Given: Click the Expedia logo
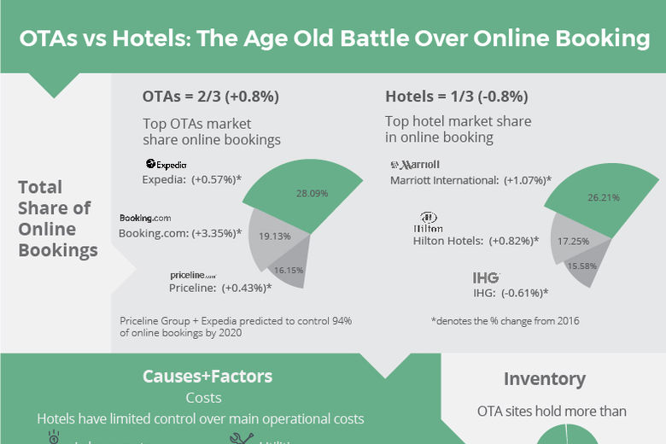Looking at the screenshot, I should click(x=166, y=164).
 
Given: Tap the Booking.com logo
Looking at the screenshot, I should click(x=145, y=219).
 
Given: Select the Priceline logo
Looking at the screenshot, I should click(x=193, y=275).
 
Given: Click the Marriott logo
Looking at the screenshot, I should click(x=414, y=164).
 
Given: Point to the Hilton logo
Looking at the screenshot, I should click(x=428, y=223).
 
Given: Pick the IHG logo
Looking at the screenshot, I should click(x=486, y=277).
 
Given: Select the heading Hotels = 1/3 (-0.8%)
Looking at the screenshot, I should click(x=457, y=96).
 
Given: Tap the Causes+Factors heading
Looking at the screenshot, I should click(x=207, y=377).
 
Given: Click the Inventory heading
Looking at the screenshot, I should click(x=544, y=379).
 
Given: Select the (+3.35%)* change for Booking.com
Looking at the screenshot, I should click(x=213, y=233).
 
